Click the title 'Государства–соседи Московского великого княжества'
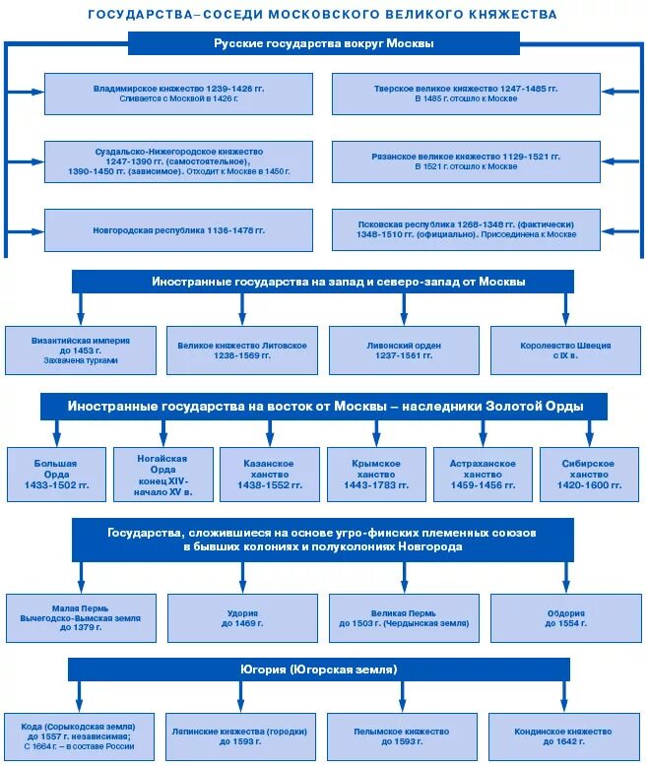323,15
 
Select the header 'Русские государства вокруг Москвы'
323,43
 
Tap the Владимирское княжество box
178,94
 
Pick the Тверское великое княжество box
466,94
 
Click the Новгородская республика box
178,229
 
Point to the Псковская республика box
466,229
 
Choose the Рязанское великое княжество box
466,161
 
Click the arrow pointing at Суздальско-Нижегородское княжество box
28,161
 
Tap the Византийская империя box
81,350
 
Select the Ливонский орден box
404,350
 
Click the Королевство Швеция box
565,350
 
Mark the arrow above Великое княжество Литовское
242,307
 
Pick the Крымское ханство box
376,475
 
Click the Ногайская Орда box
162,475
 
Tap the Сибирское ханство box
590,475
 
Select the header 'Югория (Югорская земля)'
317,670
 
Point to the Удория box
242,617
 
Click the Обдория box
565,617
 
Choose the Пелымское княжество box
404,736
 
